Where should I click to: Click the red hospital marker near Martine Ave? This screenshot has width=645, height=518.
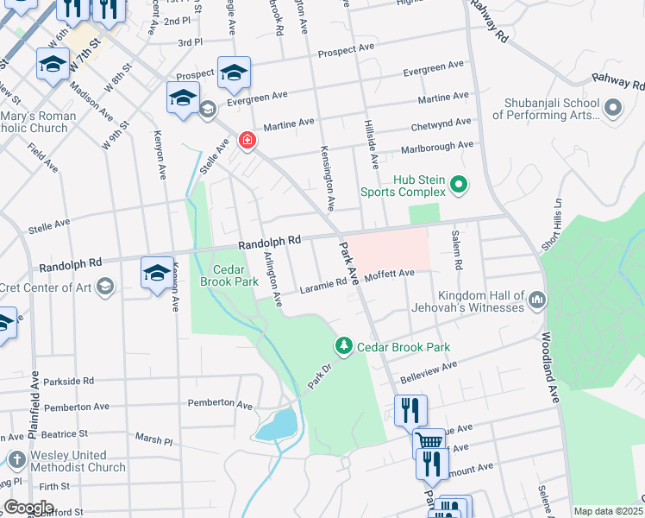point(247,140)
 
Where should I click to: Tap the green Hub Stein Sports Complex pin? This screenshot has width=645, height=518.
point(459,183)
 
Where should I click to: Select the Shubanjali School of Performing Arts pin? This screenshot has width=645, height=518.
point(613,108)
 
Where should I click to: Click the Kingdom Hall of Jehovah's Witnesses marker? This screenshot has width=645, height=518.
point(537,300)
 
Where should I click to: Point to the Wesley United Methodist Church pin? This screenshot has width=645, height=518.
point(16,460)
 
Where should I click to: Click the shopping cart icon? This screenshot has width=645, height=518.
point(429,441)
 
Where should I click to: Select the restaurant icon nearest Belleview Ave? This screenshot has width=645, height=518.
point(410,410)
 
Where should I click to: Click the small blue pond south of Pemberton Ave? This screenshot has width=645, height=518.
point(278,426)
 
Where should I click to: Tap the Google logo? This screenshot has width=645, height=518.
point(28,508)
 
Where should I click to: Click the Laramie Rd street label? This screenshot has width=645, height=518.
point(322,290)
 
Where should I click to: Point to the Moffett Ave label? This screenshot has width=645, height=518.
point(390,274)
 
